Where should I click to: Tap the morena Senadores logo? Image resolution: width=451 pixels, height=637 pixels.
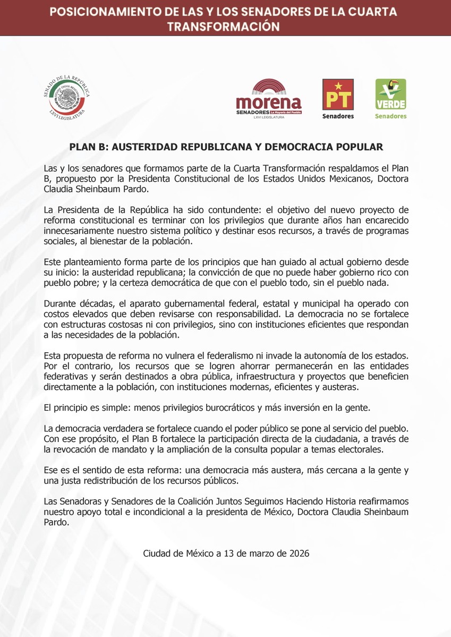[268, 99]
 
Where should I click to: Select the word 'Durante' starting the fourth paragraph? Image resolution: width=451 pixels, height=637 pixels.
[60, 304]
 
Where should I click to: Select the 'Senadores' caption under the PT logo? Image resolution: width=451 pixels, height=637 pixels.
[338, 116]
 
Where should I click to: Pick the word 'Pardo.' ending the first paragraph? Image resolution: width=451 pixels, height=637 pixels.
[130, 189]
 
